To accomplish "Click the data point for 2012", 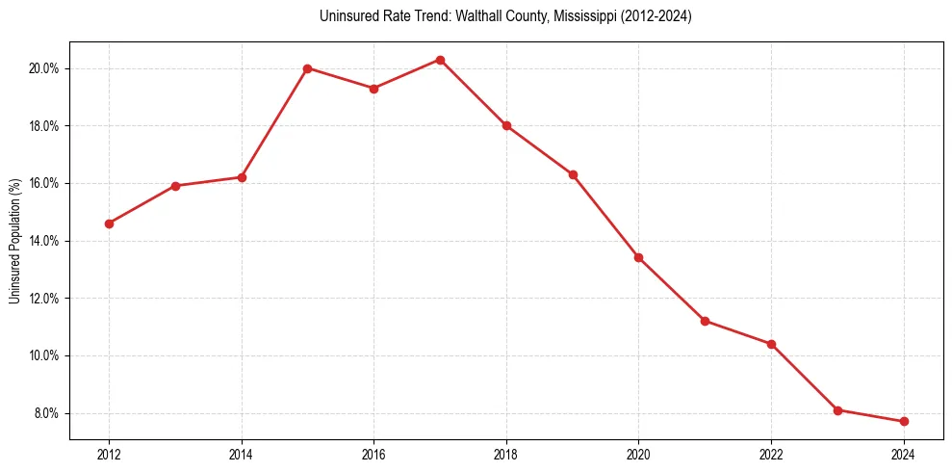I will tap(109, 223).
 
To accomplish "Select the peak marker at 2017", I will tap(440, 60).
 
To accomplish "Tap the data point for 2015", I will tap(307, 68).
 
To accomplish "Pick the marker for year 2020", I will tap(638, 257).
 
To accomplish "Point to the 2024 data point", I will tap(904, 421).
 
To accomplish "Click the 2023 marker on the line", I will tap(837, 410).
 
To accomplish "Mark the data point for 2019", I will tap(573, 174).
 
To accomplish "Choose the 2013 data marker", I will tap(175, 186).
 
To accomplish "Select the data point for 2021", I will tap(705, 321).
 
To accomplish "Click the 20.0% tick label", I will tap(45, 68).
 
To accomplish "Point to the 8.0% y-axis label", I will tap(47, 413).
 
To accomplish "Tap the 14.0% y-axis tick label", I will tap(45, 241).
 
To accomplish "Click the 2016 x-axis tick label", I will tap(373, 455).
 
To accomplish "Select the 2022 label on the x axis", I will tap(771, 455).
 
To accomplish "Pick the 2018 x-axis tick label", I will tap(506, 455).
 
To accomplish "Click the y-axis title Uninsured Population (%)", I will tap(14, 241).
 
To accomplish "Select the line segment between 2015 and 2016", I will tap(341, 79).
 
